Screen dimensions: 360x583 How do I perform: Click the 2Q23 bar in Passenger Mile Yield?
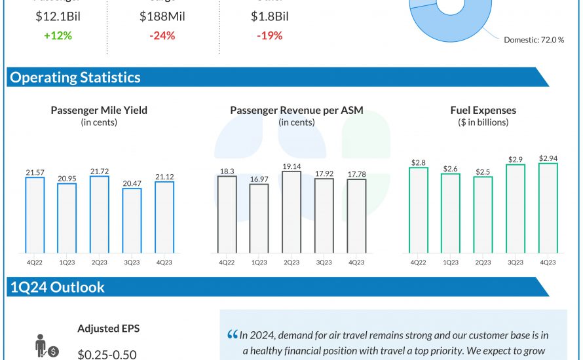click(100, 214)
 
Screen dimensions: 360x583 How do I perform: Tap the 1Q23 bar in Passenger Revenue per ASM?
click(259, 218)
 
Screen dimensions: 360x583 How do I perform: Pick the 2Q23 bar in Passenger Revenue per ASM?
click(291, 212)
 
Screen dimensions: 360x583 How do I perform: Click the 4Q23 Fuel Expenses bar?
click(548, 207)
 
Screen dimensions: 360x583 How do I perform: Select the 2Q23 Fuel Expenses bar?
click(483, 214)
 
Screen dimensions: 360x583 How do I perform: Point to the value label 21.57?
click(35, 171)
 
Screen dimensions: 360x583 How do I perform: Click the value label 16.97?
click(259, 179)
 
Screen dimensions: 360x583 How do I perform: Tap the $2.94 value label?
click(548, 158)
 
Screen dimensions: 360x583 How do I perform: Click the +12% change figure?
click(58, 35)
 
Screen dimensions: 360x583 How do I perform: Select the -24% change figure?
click(162, 35)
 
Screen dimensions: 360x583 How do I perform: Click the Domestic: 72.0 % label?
click(534, 40)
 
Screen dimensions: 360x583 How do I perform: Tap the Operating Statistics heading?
click(75, 77)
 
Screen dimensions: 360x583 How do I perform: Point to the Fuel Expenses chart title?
click(483, 110)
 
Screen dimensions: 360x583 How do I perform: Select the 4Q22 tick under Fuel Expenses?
click(419, 262)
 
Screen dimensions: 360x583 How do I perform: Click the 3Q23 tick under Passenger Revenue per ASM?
click(323, 262)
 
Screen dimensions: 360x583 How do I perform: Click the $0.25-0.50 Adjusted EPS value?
click(107, 354)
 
